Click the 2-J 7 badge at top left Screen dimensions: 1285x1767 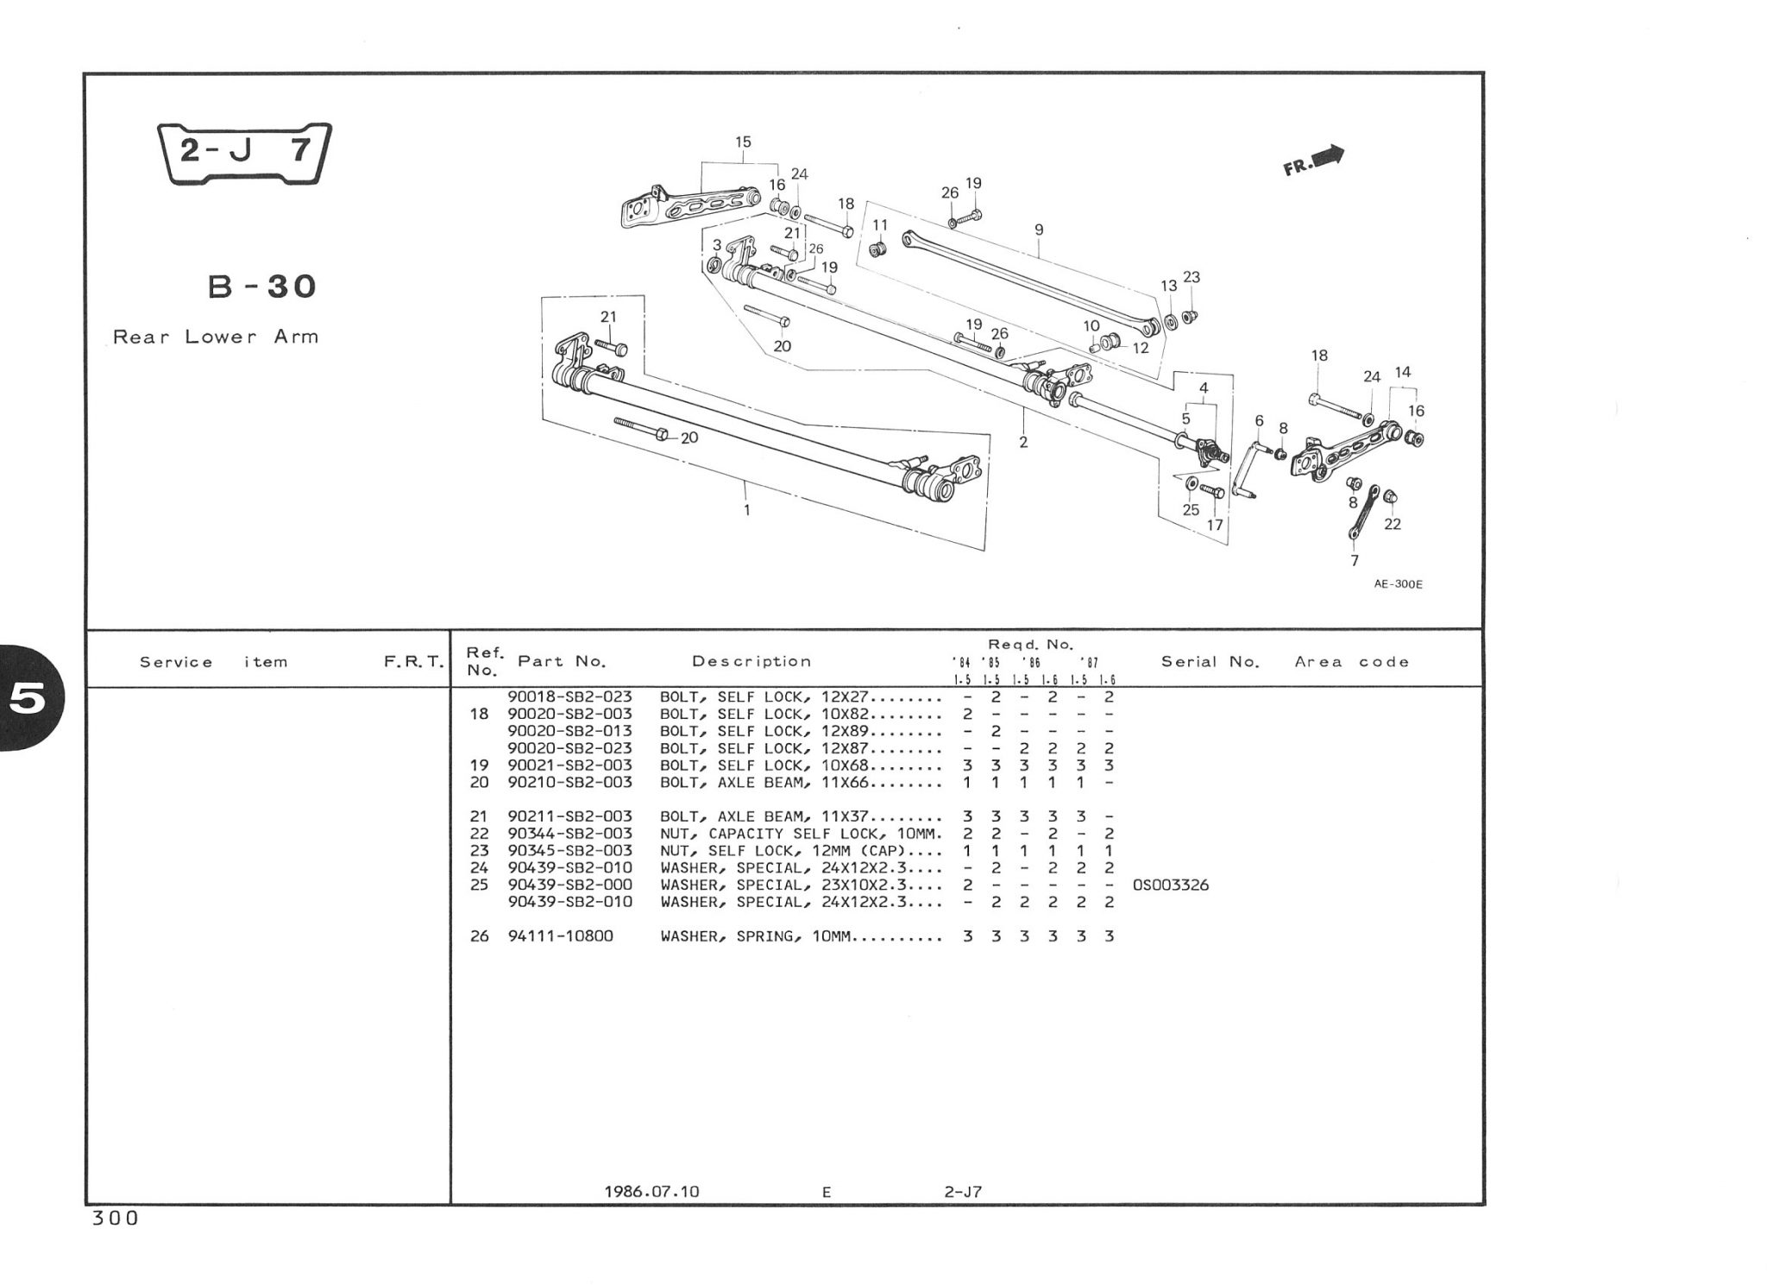coord(245,153)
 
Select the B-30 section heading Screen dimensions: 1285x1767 coord(262,286)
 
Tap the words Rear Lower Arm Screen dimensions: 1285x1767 coord(216,337)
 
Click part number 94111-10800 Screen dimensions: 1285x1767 coord(560,935)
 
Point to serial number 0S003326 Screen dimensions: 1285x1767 coord(1169,885)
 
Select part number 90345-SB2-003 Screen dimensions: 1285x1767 coord(569,850)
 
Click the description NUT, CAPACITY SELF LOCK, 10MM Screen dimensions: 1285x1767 coord(800,834)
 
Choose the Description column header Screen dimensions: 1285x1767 coord(751,661)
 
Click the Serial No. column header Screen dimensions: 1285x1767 coord(1210,662)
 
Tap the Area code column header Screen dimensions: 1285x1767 coord(1351,662)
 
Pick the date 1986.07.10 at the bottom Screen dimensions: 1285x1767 coord(651,1192)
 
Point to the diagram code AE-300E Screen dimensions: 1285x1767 coord(1398,584)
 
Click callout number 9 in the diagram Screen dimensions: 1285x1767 coord(1039,230)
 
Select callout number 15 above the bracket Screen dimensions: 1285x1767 coord(743,142)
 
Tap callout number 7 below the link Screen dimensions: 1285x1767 coord(1355,560)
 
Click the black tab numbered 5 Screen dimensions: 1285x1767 coord(28,699)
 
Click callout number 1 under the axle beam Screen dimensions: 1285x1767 coord(746,510)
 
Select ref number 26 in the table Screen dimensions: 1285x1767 coord(479,935)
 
